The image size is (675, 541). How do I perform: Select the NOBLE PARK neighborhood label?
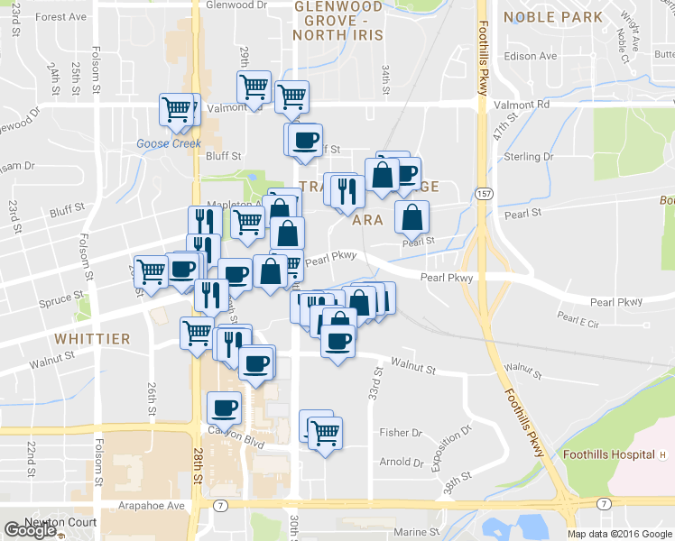coord(552,17)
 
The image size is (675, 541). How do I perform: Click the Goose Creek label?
coord(168,143)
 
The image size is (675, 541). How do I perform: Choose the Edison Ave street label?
coord(532,56)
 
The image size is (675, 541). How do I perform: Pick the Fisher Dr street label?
coord(401,433)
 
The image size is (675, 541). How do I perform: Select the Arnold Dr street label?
coord(402,462)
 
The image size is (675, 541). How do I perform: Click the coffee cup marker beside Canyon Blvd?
coord(224,408)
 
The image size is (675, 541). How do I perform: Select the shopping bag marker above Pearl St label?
coord(411,216)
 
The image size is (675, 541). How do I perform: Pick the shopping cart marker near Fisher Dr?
coord(324,432)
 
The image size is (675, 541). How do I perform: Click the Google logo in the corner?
coord(30,530)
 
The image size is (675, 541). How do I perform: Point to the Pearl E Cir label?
coord(578,316)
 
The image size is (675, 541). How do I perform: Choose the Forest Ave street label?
coord(62,16)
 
